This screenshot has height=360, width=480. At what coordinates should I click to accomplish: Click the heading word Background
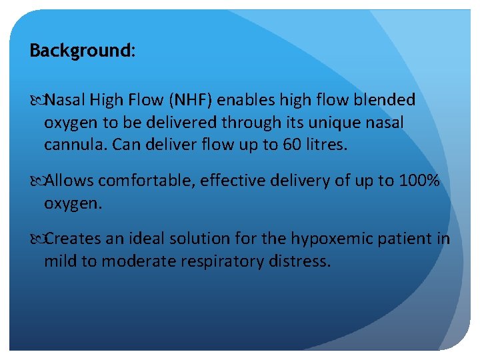point(80,51)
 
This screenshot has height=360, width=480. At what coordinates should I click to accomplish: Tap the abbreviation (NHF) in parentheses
point(191,101)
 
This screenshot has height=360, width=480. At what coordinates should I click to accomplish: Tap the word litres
point(324,145)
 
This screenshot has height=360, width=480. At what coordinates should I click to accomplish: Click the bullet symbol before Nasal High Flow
point(35,101)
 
